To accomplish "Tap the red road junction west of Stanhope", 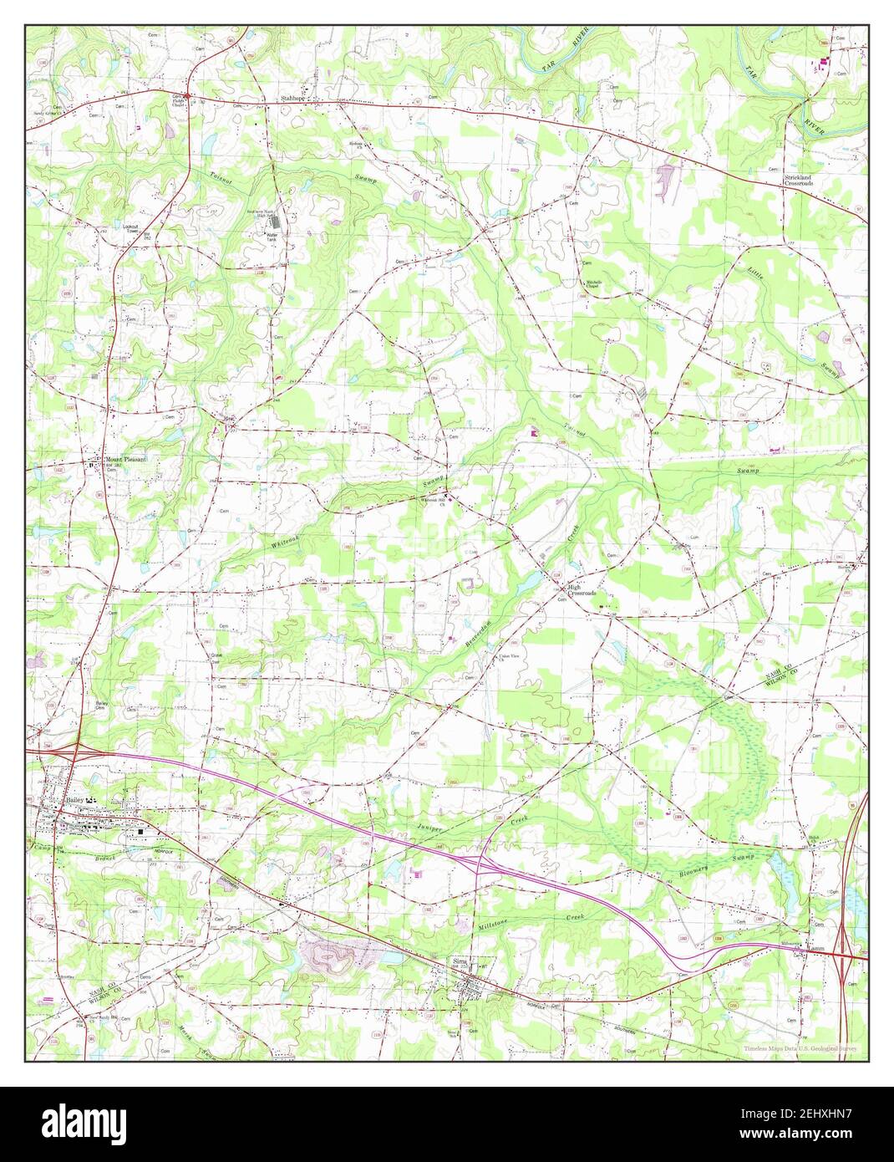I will point(189,95).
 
